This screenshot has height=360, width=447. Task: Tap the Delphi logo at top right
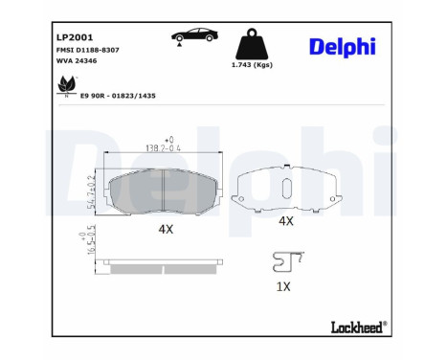click(x=343, y=47)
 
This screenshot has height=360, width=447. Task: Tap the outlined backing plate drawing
click(x=285, y=191)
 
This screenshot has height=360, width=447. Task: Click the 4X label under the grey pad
click(x=165, y=230)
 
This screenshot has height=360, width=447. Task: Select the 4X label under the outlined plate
click(x=285, y=221)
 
